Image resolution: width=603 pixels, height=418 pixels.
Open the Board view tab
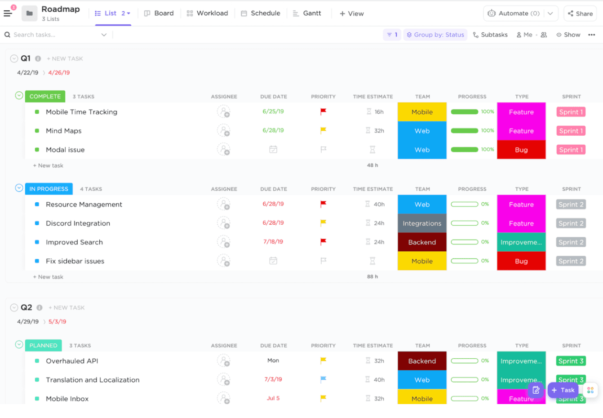(x=159, y=13)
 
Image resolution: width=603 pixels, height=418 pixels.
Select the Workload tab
(x=208, y=13)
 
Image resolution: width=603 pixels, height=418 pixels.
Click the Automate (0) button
(x=514, y=13)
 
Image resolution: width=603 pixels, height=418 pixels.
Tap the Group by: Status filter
(x=435, y=35)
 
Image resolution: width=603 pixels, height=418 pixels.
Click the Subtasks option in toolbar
(x=490, y=35)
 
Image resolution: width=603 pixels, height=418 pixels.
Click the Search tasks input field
(x=54, y=35)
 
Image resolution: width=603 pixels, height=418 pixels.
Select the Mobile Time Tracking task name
(x=81, y=112)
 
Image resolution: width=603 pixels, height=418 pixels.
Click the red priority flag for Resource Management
(x=323, y=204)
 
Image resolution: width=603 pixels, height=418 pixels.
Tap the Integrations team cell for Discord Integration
(x=422, y=223)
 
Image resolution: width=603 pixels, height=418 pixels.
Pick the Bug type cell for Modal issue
(x=521, y=150)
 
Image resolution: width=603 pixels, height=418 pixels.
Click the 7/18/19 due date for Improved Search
(x=273, y=242)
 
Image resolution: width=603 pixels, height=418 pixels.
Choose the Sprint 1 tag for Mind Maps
(x=571, y=131)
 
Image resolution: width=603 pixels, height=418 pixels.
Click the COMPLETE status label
(x=45, y=97)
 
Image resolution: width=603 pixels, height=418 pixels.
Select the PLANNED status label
(x=43, y=346)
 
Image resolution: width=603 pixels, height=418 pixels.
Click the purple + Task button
(x=563, y=390)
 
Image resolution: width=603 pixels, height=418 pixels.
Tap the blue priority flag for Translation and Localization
(x=323, y=379)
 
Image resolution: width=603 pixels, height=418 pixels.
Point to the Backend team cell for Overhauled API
(x=422, y=361)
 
